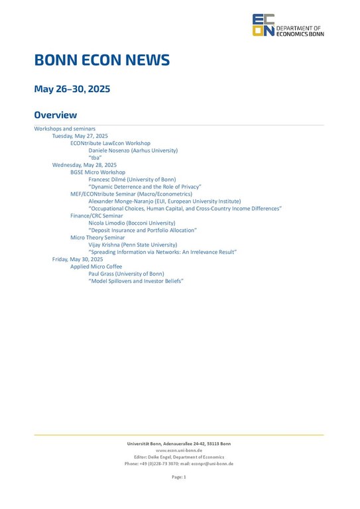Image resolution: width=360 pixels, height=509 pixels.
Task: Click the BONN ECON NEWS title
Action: (x=102, y=61)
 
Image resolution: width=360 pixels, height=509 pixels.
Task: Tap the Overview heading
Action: (x=56, y=115)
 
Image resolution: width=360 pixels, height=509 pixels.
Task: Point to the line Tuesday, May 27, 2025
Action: (x=80, y=135)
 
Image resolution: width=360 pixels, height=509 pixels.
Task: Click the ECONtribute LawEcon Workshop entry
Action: (x=110, y=142)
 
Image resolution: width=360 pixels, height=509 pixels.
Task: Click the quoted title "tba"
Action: (x=95, y=157)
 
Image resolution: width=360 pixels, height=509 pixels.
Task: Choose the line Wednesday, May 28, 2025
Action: (x=84, y=164)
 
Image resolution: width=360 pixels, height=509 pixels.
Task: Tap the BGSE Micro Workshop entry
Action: (x=97, y=172)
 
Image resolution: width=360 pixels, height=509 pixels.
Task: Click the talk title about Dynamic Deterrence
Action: (x=145, y=187)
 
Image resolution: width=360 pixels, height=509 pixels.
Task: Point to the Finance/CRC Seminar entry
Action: (x=97, y=215)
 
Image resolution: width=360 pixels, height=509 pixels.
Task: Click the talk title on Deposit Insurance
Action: (x=142, y=230)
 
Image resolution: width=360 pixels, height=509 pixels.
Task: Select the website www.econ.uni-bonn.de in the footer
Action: (x=179, y=450)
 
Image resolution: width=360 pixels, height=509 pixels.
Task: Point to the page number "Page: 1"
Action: (x=179, y=477)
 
